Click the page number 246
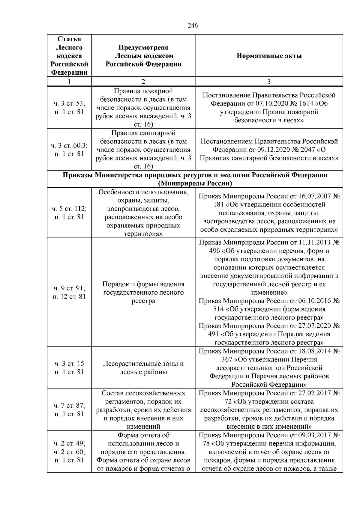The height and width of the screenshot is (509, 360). (x=193, y=25)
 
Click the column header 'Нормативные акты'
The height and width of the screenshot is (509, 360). (x=269, y=56)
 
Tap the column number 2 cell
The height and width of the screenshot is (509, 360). (x=143, y=82)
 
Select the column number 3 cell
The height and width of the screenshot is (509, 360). (x=269, y=82)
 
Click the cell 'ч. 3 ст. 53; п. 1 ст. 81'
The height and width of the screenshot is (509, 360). (x=69, y=108)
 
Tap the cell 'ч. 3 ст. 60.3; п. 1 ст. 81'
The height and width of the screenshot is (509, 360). (x=69, y=150)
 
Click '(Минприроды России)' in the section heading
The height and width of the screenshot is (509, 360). (x=195, y=183)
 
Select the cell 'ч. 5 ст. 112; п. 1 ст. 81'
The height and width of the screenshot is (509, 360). (x=69, y=213)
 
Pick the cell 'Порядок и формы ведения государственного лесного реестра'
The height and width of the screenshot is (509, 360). (x=143, y=292)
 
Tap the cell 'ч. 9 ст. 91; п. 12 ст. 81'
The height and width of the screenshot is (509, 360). (x=69, y=292)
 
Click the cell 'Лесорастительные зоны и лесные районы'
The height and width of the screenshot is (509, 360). (x=143, y=368)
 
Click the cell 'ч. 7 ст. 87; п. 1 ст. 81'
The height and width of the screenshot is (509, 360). (x=69, y=410)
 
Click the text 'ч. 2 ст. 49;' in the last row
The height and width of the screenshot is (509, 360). (x=69, y=444)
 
